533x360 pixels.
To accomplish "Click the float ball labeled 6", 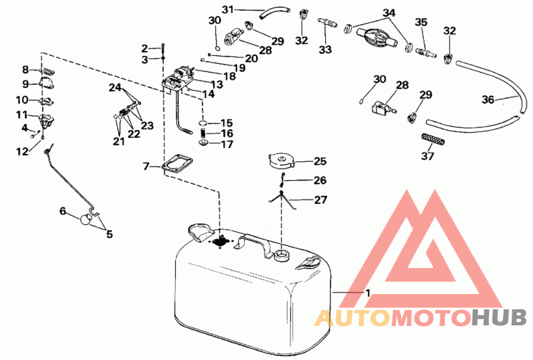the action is [86, 219].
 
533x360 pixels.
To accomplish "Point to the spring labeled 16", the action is [203, 133].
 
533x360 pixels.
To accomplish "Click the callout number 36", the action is [488, 100].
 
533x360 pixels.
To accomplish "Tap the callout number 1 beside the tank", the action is [368, 293].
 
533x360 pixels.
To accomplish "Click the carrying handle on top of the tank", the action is [253, 244].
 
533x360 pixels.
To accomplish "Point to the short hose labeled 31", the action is [274, 14].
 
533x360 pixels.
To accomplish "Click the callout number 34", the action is [389, 13].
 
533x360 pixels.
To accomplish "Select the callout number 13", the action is [216, 84].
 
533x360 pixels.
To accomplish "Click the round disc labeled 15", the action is [203, 123].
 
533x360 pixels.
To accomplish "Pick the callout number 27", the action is [320, 200].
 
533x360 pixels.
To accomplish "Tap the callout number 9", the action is [26, 84].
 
